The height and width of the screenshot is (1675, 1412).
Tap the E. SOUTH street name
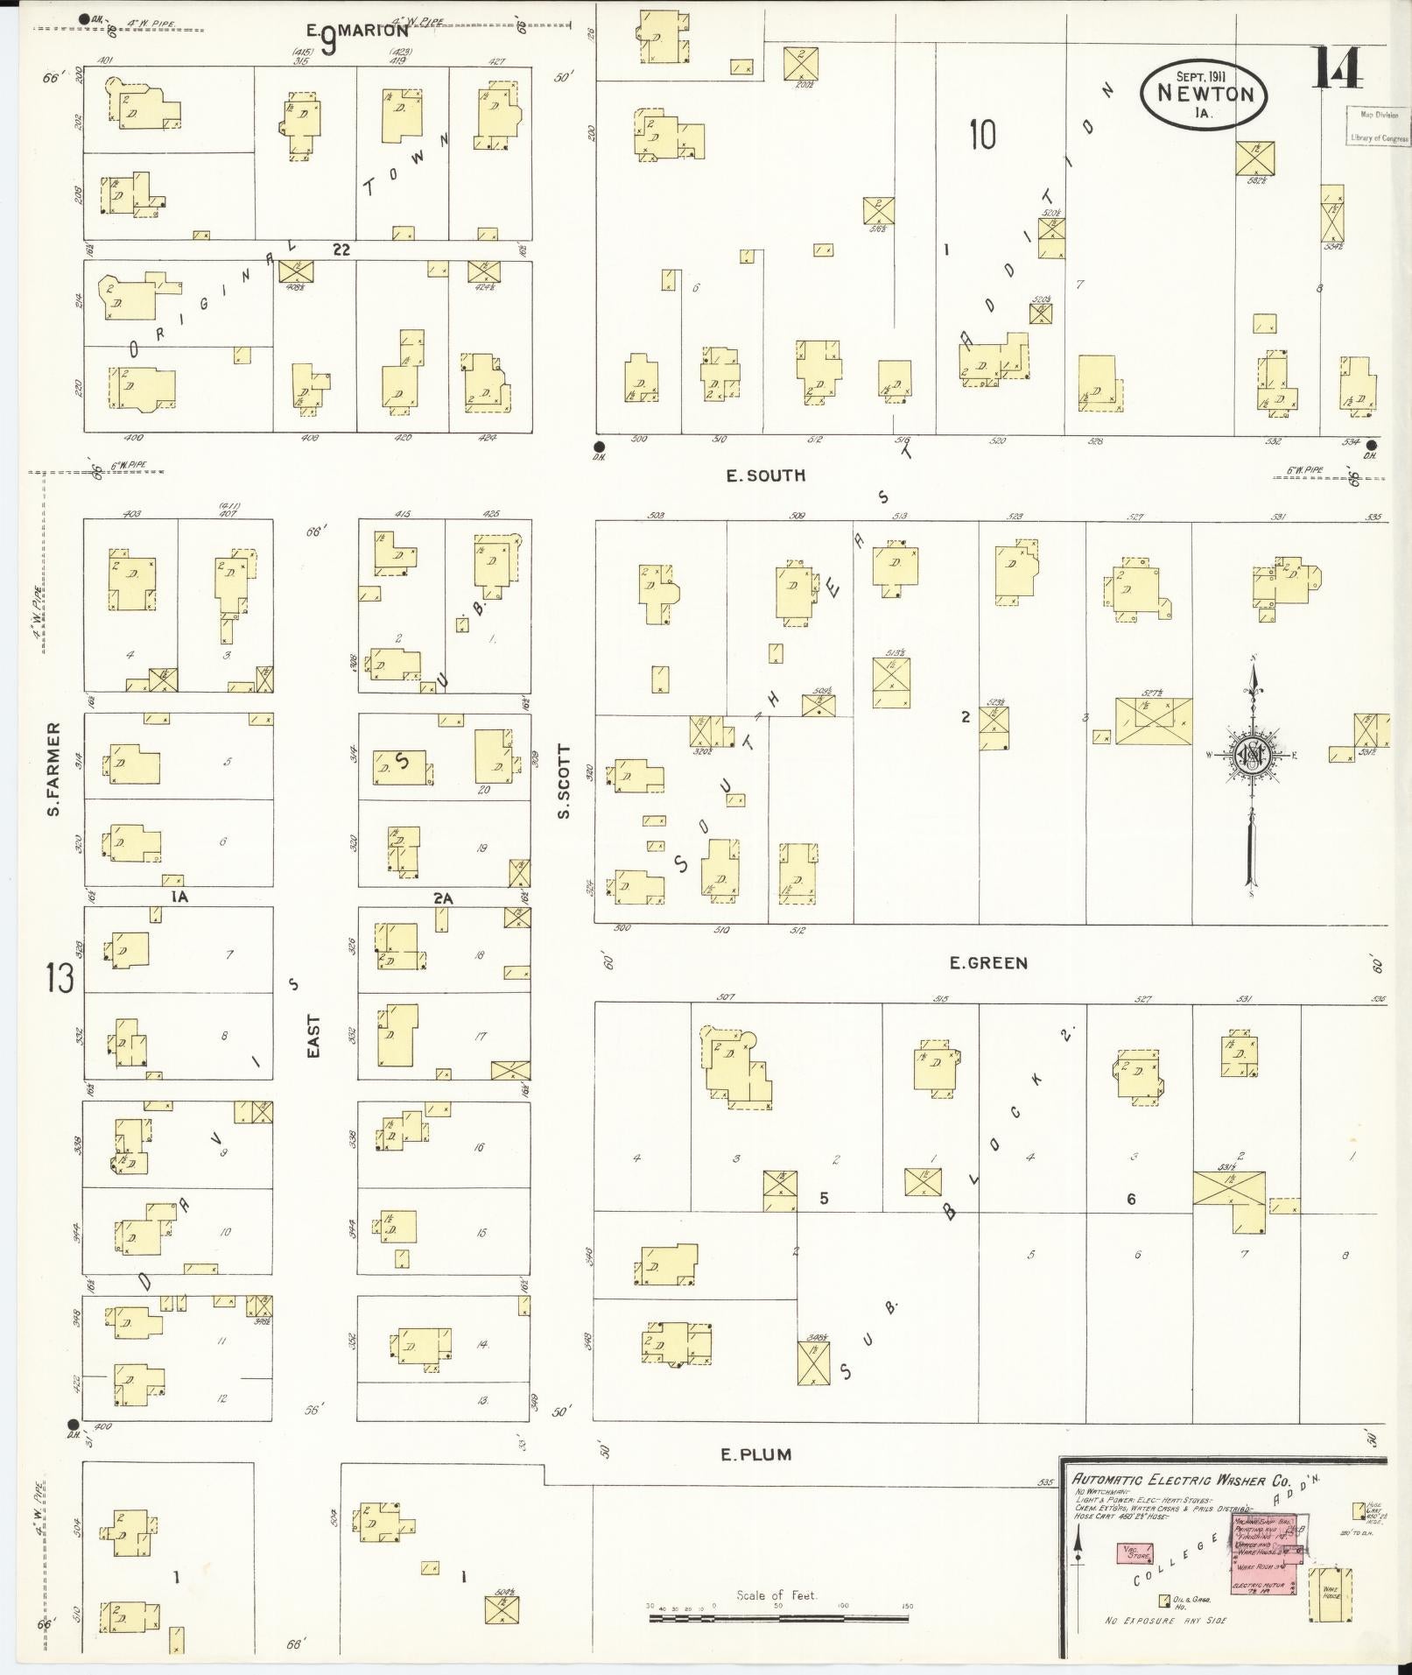pos(765,476)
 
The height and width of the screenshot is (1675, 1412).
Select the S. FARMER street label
pos(54,770)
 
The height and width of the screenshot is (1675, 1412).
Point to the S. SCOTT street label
pos(565,782)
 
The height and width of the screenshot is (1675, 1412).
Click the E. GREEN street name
pos(988,963)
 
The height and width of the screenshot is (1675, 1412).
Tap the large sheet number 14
pos(1337,67)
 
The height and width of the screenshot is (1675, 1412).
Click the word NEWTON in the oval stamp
pos(1205,94)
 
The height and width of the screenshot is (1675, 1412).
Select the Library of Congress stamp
pos(1378,126)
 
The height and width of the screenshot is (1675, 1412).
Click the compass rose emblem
pos(1254,756)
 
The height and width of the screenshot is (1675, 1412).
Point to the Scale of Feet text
pos(776,1595)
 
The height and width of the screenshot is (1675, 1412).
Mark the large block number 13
pos(60,979)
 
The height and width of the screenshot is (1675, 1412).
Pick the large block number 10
pos(982,136)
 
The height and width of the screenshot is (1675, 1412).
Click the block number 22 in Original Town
pos(341,250)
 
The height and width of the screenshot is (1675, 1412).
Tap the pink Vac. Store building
pos(1137,1555)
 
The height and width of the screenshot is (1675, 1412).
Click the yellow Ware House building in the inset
pos(1330,1595)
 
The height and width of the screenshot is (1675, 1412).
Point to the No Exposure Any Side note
pos(1165,1621)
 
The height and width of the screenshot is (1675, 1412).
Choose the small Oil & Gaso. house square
pos(1164,1601)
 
